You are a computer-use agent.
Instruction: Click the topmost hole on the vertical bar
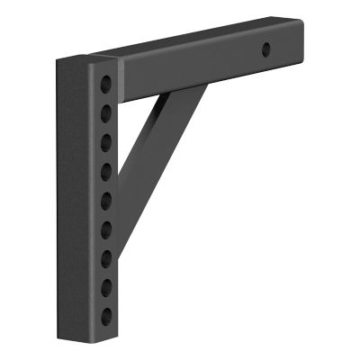pos(106,84)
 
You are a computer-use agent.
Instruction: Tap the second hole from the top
pos(106,112)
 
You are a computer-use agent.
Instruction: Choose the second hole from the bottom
pos(106,287)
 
